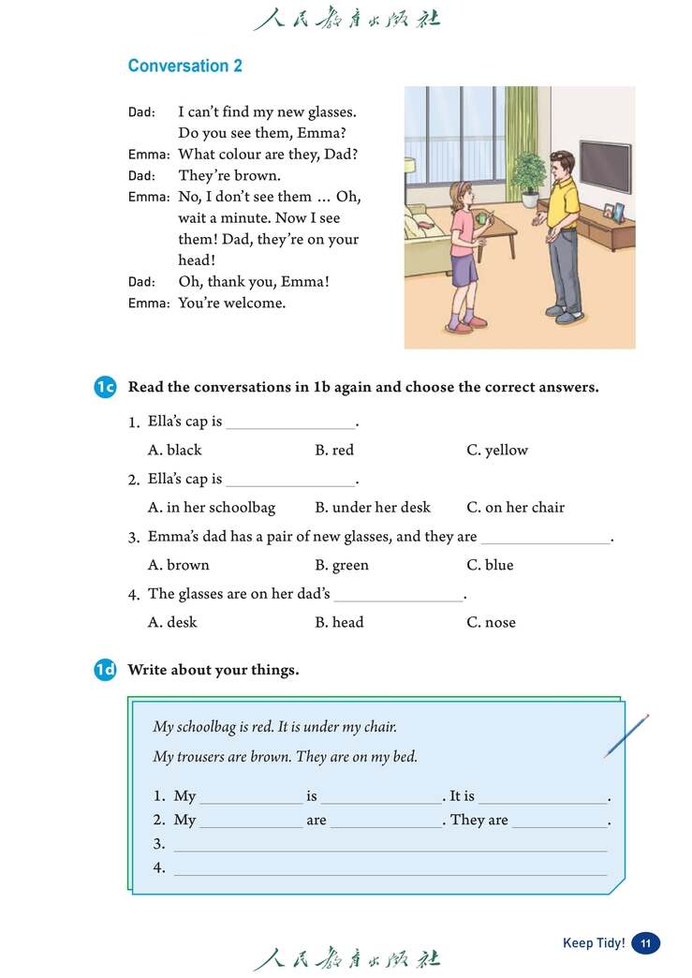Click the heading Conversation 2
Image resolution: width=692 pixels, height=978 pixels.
(x=184, y=67)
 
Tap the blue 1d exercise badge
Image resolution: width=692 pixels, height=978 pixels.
(x=105, y=670)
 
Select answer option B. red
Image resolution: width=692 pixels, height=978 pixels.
(x=334, y=451)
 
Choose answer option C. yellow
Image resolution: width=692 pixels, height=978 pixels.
(x=497, y=451)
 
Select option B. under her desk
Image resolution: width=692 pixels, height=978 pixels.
(x=373, y=508)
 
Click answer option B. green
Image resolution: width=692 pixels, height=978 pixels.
(x=342, y=566)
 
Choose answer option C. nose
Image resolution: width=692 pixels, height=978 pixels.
(x=491, y=623)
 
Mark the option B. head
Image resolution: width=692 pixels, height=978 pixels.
(x=339, y=623)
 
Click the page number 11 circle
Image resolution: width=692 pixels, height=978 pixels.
(x=646, y=943)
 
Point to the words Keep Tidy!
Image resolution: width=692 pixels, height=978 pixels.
(x=594, y=943)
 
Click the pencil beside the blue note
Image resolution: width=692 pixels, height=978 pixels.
(x=626, y=736)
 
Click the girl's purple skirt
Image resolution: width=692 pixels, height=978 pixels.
(x=464, y=269)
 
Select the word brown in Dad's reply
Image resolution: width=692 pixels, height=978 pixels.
(x=256, y=176)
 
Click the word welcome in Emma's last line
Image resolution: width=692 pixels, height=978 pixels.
(x=256, y=304)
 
